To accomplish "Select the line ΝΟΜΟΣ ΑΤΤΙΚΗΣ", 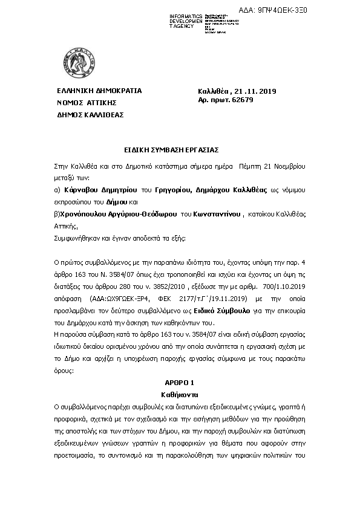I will click(87, 103).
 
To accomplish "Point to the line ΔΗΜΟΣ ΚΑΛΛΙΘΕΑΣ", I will click(90, 114).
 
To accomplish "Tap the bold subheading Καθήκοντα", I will click(180, 394).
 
